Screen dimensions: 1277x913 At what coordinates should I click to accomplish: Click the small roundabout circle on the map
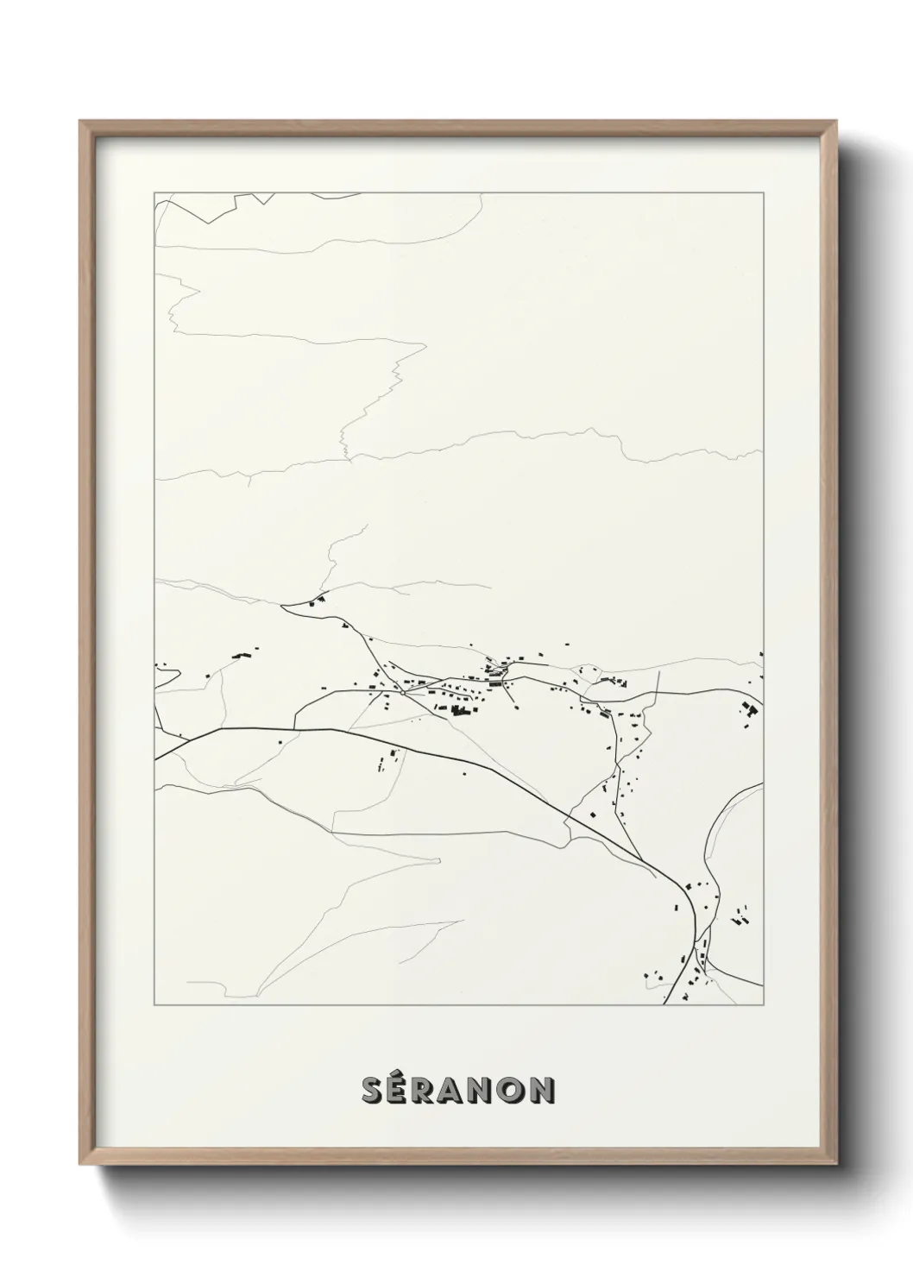pos(402,691)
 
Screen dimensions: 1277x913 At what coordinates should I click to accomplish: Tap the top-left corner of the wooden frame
pos(79,121)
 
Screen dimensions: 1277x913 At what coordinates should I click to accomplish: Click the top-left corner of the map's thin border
pos(154,192)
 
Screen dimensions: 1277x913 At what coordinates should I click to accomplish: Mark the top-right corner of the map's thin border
pos(763,192)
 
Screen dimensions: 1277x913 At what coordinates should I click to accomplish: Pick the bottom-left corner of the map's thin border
pos(154,1005)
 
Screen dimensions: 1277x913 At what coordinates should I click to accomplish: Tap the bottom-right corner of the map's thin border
pos(763,1005)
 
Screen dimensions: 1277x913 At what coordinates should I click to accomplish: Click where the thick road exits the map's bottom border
pos(665,1005)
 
